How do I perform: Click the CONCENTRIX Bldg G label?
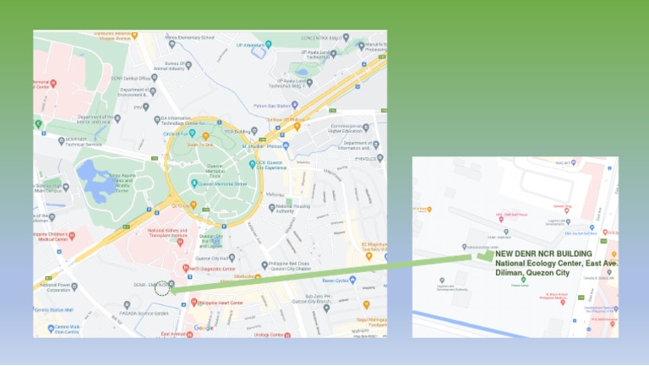click(x=324, y=37)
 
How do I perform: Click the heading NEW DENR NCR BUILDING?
click(x=543, y=254)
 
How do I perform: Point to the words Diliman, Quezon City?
click(x=532, y=273)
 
